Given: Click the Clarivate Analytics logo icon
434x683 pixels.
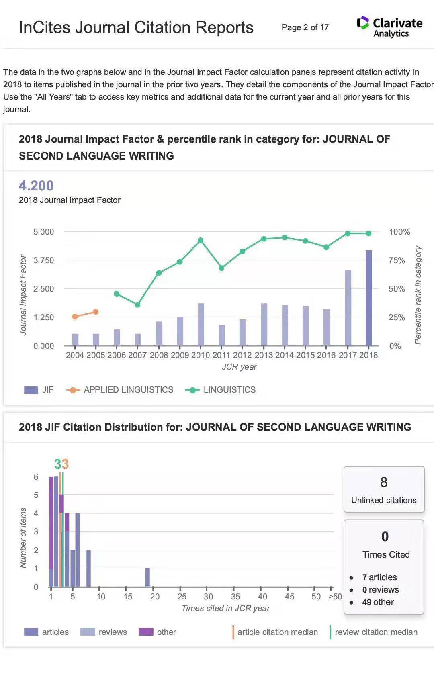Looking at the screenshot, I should (x=363, y=23).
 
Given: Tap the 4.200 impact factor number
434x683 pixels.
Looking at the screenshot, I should (x=36, y=186).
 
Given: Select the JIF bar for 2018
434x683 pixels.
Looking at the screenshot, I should (x=368, y=298).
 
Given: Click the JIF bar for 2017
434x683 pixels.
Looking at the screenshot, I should (x=348, y=308).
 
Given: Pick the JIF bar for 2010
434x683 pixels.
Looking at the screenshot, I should (x=201, y=324).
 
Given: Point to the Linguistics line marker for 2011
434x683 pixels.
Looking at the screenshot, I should (x=221, y=268).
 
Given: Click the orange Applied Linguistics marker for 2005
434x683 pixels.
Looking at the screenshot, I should (x=96, y=312).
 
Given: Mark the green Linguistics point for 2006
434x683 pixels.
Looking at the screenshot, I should (x=117, y=294).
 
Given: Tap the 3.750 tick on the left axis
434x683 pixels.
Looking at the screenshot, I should (x=43, y=260).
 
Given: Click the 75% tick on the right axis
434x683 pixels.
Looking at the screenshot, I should (x=397, y=260).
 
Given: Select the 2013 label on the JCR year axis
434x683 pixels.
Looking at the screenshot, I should (x=264, y=355).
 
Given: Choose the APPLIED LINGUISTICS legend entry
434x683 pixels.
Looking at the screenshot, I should (x=128, y=390).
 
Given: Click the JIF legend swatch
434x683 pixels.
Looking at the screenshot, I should (x=31, y=390).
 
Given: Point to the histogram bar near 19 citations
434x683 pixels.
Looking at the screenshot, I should (x=147, y=577).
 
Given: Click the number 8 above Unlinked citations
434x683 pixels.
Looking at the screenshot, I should (x=384, y=482).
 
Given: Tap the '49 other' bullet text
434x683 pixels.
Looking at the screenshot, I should (x=378, y=602).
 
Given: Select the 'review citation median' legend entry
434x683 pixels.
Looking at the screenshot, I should (x=376, y=632).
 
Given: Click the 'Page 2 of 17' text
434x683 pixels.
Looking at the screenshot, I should (x=305, y=27).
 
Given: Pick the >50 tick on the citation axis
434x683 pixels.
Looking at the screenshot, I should (x=335, y=597).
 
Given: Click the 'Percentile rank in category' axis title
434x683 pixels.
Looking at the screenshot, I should (x=418, y=295).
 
